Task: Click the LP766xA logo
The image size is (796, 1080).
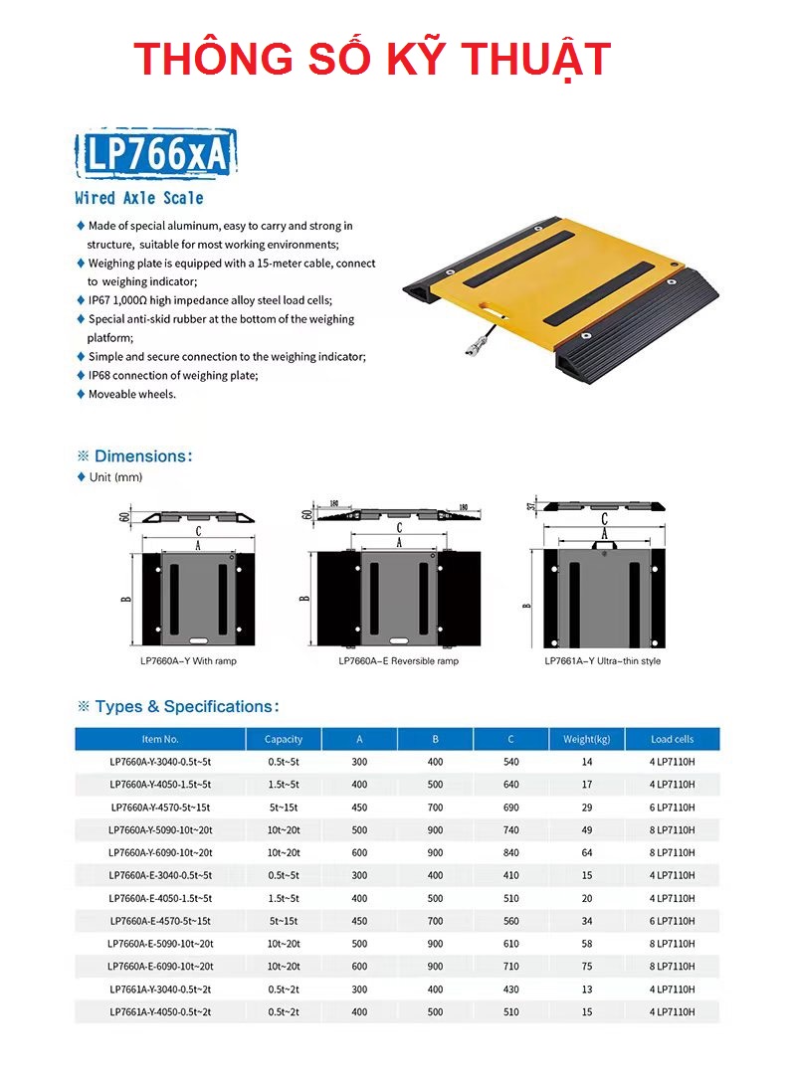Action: coord(156,154)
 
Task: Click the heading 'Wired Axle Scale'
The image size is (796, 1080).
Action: coord(139,198)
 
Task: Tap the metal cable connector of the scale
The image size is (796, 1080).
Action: coord(471,347)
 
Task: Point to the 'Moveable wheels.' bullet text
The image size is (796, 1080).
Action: coord(131,394)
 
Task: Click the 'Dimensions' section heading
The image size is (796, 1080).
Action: coord(142,456)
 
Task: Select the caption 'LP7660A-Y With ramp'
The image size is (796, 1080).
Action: coord(188,660)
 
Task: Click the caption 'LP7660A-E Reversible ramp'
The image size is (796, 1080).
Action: coord(398,660)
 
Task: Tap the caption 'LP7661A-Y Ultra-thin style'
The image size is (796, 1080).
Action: coord(602,660)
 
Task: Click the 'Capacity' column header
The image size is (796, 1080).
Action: coord(284,739)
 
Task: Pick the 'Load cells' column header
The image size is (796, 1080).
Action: coord(672,739)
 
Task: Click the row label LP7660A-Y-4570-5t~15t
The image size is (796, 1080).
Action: coord(160,808)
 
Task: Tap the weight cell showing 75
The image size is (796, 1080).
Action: coord(587,967)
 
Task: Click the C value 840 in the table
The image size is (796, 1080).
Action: coord(510,852)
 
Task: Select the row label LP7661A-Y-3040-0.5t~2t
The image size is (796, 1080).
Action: coord(160,990)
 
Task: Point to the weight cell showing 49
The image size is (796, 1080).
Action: coord(587,829)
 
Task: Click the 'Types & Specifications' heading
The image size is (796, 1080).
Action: coord(186,707)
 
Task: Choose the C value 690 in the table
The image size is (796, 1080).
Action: coord(510,808)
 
